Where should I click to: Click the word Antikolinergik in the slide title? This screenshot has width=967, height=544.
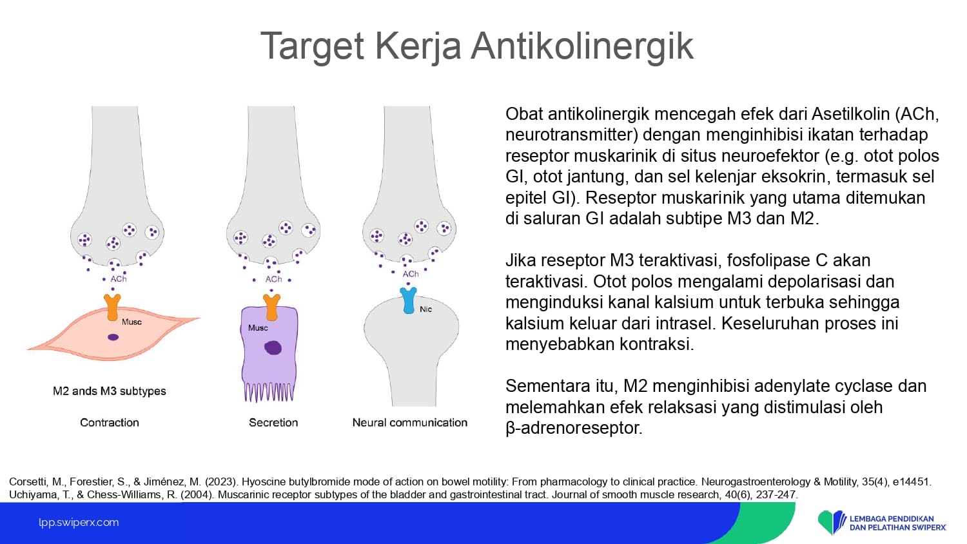[582, 46]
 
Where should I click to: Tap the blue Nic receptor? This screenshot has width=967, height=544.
[408, 300]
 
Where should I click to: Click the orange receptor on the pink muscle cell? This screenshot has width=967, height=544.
[113, 307]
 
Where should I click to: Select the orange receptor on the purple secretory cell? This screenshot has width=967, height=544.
[272, 307]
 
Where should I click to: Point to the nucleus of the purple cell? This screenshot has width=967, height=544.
[273, 347]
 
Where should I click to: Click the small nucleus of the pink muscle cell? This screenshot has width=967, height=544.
[113, 337]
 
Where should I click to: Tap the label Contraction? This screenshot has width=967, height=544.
[110, 423]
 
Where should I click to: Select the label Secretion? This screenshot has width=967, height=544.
[273, 423]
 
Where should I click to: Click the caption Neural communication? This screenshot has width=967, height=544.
[409, 423]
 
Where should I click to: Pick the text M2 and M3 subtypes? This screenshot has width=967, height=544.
[109, 391]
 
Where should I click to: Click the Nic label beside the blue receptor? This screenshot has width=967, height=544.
[425, 309]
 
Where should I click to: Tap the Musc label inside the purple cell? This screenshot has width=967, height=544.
[258, 328]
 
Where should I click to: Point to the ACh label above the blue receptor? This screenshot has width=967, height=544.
[411, 274]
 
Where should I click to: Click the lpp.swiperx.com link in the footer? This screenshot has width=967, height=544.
[79, 523]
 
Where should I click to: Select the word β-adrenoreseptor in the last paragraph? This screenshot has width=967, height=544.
[574, 428]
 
